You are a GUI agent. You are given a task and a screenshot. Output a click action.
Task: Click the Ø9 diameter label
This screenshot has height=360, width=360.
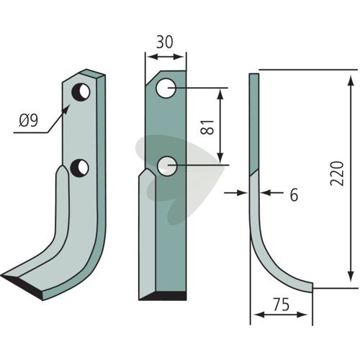coord(28,120)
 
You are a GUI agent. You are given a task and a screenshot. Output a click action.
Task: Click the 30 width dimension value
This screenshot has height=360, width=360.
coord(164,42)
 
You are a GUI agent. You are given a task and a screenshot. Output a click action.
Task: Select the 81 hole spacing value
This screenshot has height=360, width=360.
coord(207,127)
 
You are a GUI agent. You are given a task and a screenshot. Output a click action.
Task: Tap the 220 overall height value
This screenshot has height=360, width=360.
coord(337,174)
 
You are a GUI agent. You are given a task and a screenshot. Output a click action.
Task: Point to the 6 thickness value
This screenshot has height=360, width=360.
coord(294,194)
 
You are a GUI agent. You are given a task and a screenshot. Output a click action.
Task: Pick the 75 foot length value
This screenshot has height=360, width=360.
coord(281,305)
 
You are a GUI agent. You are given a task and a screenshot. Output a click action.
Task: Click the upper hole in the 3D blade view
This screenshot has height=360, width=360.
coord(81,92)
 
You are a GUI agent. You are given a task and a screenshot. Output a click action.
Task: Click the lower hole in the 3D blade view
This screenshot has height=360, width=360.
coord(79,166)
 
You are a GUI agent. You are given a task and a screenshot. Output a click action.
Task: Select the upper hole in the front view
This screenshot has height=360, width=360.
coord(166,89)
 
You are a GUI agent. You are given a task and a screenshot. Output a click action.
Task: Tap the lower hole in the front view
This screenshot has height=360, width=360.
coord(167,166)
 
